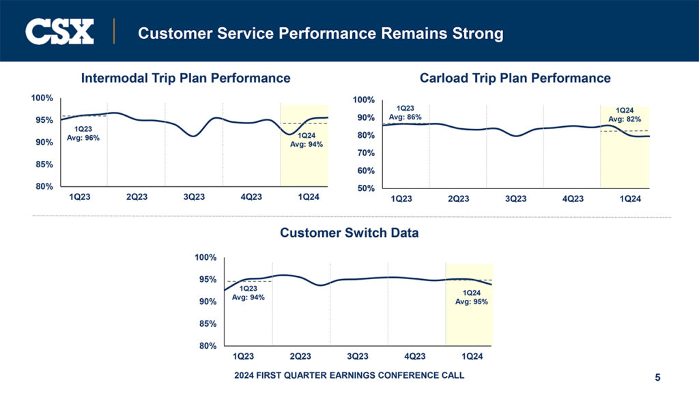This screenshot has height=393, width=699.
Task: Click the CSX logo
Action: pyautogui.click(x=59, y=31)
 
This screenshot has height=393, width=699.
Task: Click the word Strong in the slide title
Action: pyautogui.click(x=475, y=33)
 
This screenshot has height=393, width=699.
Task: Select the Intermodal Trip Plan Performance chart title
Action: pyautogui.click(x=186, y=78)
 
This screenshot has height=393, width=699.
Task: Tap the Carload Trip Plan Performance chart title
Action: pyautogui.click(x=515, y=78)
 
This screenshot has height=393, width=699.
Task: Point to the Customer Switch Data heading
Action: pyautogui.click(x=349, y=233)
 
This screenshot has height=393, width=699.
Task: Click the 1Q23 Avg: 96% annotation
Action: pyautogui.click(x=83, y=133)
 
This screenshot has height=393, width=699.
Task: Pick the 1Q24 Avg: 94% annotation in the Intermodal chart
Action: pyautogui.click(x=306, y=140)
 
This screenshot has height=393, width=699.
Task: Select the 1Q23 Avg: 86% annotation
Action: pyautogui.click(x=405, y=113)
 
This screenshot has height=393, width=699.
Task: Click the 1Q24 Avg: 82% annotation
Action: pyautogui.click(x=625, y=115)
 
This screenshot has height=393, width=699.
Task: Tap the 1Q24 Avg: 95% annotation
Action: pyautogui.click(x=472, y=297)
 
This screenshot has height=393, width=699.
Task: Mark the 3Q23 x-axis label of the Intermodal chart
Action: pyautogui.click(x=194, y=197)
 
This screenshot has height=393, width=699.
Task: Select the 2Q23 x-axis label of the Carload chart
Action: pyautogui.click(x=459, y=199)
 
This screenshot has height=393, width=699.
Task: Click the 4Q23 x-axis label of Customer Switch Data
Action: pyautogui.click(x=415, y=357)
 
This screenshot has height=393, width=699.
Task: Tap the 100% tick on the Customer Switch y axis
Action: pyautogui.click(x=205, y=257)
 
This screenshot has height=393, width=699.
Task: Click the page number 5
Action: pyautogui.click(x=657, y=377)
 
